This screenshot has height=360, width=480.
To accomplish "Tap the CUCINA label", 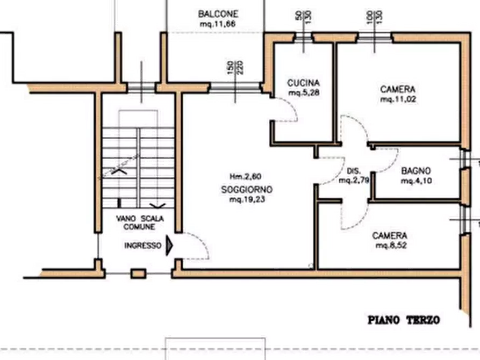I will (x=304, y=83).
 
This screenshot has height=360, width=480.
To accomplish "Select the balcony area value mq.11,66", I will (x=217, y=23).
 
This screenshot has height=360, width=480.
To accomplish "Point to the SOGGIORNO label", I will (x=247, y=189).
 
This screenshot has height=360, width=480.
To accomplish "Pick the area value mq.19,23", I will (x=247, y=200).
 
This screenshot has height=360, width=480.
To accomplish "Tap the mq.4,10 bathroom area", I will (x=417, y=181).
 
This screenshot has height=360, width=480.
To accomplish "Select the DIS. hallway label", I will (x=353, y=171).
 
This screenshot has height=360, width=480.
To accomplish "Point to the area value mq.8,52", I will (x=390, y=247).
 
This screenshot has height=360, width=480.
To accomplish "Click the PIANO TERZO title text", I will (x=404, y=320).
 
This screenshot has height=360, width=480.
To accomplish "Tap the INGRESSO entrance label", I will (x=142, y=245).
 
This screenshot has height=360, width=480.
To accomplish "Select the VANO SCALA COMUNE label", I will (x=142, y=223).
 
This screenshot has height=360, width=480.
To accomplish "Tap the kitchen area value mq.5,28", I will (x=304, y=93).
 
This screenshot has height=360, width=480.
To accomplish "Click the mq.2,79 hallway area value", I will (x=353, y=181).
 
